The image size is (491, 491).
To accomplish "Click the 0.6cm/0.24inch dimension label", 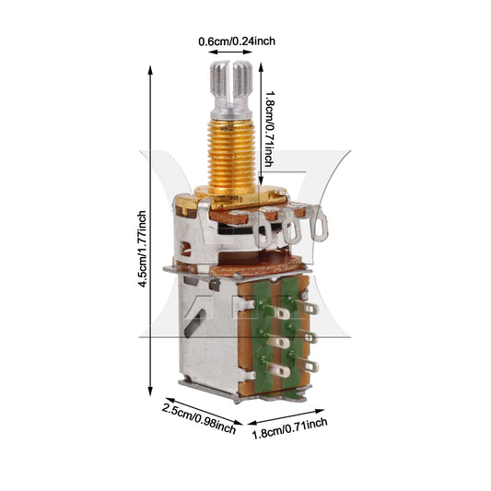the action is click(x=237, y=41).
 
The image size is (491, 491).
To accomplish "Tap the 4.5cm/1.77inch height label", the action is click(x=142, y=249).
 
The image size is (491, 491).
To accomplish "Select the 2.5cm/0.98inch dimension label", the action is click(x=199, y=418).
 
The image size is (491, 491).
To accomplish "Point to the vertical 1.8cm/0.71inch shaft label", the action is click(x=269, y=129).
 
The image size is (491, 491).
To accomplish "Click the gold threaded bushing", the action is click(x=231, y=155).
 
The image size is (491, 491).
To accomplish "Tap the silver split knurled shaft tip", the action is click(x=231, y=88).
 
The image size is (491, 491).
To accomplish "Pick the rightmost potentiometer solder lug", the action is click(x=319, y=223).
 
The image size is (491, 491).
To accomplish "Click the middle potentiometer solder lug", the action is click(x=292, y=227).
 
